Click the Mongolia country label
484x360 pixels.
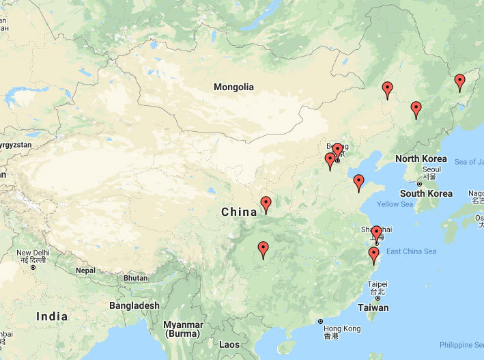pos(233,87)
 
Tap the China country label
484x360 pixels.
pos(239,212)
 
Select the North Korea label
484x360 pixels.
pos(421,159)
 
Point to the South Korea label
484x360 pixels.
pos(426,193)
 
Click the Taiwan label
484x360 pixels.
pos(373,307)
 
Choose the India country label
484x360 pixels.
pos(52,316)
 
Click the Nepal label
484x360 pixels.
pos(85,271)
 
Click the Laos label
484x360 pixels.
pos(229,345)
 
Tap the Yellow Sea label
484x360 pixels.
pos(395,204)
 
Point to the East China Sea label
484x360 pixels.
pos(411,251)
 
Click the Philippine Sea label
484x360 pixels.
pos(461,345)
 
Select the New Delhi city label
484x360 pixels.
pos(33,253)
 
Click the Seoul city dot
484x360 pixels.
pos(418,184)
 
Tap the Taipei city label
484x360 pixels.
pos(377,284)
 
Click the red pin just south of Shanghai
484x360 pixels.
pos(373,255)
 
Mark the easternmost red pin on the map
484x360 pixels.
pos(459,83)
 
